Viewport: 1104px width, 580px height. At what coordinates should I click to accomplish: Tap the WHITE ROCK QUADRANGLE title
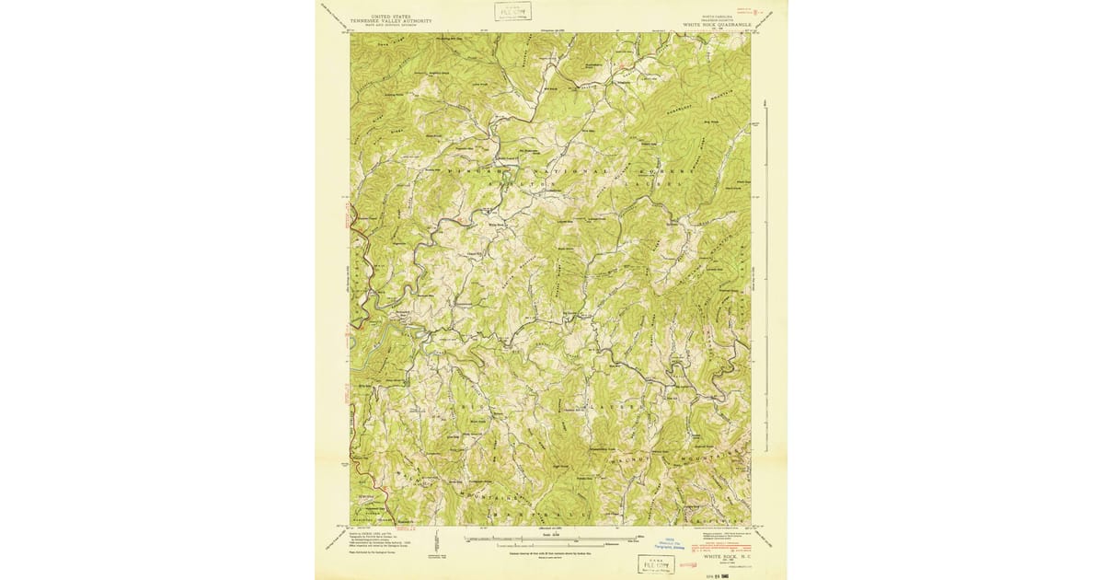[717, 25]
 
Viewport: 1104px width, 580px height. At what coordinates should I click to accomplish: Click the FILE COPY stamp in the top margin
[512, 11]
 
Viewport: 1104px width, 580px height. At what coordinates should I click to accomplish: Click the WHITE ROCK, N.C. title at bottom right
[726, 557]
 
